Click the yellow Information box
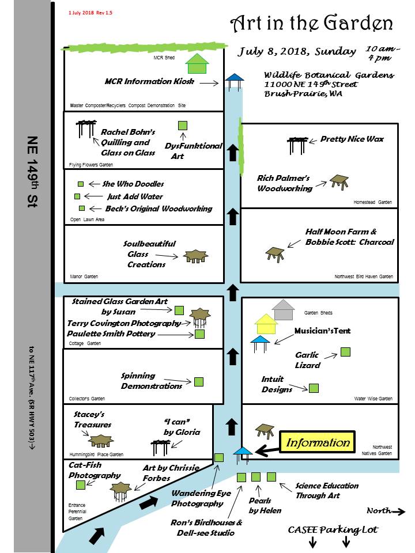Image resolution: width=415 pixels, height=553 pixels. (x=318, y=442)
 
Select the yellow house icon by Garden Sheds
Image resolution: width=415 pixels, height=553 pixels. (x=266, y=324)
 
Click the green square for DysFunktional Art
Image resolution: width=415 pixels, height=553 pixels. (x=183, y=125)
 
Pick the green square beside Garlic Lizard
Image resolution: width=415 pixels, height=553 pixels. (x=345, y=351)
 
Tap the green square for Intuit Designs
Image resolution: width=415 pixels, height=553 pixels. (x=314, y=388)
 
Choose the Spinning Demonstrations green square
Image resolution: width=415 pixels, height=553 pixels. (x=199, y=381)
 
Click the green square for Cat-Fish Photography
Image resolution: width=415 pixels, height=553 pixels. (x=80, y=485)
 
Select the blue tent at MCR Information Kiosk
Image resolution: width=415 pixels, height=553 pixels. (x=233, y=81)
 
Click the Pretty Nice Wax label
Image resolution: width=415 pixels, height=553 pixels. (x=352, y=139)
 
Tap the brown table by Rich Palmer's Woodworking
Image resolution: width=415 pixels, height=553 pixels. (x=339, y=181)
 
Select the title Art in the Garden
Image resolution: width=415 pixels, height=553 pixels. (x=311, y=24)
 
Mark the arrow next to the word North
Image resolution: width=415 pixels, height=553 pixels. (x=398, y=511)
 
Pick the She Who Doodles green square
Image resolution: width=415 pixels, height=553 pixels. (x=80, y=184)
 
